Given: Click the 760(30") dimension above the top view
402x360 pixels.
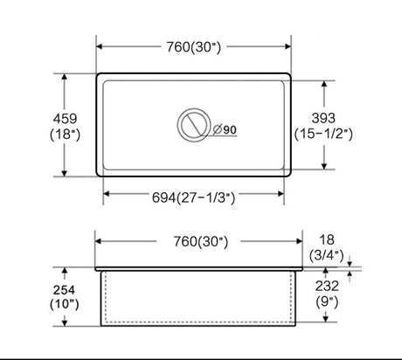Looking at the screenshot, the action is tap(193, 47).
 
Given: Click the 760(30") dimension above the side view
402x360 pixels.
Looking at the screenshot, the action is tap(201, 241).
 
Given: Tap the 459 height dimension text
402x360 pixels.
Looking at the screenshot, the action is tap(65, 119).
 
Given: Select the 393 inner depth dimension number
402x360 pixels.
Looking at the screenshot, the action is tap(323, 118).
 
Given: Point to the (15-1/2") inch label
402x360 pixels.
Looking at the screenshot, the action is tap(323, 134).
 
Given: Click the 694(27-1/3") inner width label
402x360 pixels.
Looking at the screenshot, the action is tap(193, 197).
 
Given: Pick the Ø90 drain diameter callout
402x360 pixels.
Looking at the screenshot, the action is tap(225, 129).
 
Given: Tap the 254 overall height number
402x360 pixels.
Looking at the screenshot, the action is tap(64, 290).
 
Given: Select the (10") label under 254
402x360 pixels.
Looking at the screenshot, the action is tap(64, 304).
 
